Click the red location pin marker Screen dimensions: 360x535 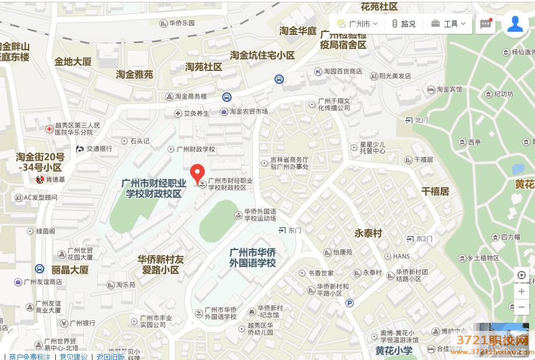click(198, 173)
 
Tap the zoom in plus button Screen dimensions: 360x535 click(522, 291)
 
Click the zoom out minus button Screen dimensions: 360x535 click(522, 306)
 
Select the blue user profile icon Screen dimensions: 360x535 click(515, 24)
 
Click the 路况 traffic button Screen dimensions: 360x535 click(404, 24)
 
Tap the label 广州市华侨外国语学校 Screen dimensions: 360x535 click(252, 258)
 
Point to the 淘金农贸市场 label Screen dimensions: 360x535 click(248, 111)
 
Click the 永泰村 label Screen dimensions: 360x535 click(368, 233)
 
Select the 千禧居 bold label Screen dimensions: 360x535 click(435, 191)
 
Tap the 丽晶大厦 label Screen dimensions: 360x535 click(70, 270)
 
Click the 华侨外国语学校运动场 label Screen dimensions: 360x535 click(260, 215)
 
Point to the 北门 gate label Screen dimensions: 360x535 click(421, 120)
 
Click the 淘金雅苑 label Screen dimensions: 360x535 click(134, 74)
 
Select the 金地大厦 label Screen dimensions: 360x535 click(73, 61)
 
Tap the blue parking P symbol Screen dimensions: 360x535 click(349, 302)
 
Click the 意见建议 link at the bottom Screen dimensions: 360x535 click(74, 357)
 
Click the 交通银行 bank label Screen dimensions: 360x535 click(99, 149)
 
